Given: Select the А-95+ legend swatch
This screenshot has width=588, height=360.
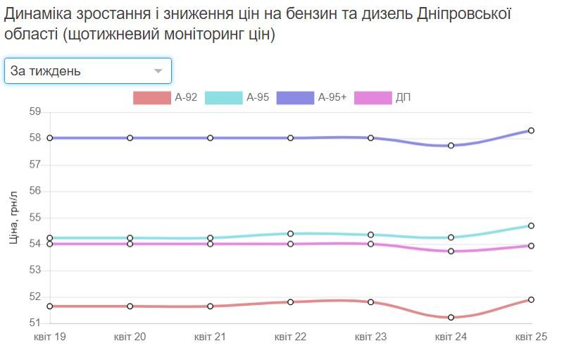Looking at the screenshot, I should pos(295,98).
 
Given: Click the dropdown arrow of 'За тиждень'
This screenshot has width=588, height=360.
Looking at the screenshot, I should pos(158,71).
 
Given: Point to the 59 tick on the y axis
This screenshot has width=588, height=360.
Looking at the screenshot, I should pos(35,111).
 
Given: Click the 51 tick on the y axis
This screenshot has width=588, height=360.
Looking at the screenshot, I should pos(35,323).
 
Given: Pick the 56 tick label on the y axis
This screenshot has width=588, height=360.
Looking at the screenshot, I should pos(35,191).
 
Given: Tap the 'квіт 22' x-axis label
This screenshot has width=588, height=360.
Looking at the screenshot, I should pos(290,337).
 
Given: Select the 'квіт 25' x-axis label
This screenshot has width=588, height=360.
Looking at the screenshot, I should pos(531,337).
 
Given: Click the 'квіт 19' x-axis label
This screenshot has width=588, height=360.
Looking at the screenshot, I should pos(50,337).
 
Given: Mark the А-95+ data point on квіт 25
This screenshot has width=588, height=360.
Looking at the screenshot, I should pos(531,130).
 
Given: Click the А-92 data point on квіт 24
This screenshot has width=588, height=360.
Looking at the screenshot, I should pos(451,318).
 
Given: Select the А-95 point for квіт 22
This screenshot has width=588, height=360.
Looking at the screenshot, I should pos(290,233).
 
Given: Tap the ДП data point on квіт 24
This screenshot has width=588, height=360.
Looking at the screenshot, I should pos(451,252).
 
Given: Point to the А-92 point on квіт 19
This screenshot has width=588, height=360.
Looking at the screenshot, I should pos(50,306).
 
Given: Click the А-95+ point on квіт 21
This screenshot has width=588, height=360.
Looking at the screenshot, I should pos(211,138).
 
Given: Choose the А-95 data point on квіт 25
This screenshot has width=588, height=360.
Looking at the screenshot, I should pos(531,226).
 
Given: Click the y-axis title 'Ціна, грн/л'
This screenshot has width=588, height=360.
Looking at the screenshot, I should pos(13,218).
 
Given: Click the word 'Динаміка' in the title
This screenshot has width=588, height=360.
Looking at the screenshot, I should pos(39,13).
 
